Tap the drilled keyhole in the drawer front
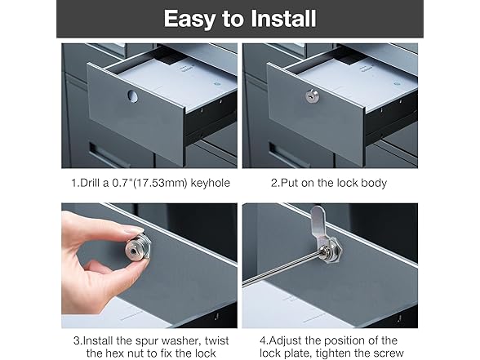[x=133, y=96]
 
